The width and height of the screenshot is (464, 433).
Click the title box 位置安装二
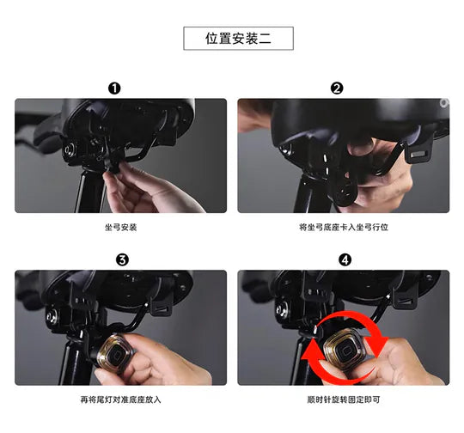pos(238,39)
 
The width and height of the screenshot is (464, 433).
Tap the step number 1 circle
pos(114,88)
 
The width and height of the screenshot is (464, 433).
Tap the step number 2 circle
pos(337,88)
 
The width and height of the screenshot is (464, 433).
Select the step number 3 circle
pos(122,259)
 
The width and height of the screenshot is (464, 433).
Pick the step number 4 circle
pos(345,259)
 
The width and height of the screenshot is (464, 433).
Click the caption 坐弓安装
pos(121,228)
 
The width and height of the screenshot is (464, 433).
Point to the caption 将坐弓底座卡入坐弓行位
pos(344,228)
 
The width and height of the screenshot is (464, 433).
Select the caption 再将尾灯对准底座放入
pos(121,399)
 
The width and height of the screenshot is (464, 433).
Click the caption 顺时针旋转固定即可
pos(344,399)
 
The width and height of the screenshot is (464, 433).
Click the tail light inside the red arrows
pos(342,351)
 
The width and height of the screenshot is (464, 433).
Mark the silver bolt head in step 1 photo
pos(70,149)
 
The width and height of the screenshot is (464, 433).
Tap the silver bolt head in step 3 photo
pos(52,317)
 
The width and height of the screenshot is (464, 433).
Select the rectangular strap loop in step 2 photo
pos(419,151)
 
